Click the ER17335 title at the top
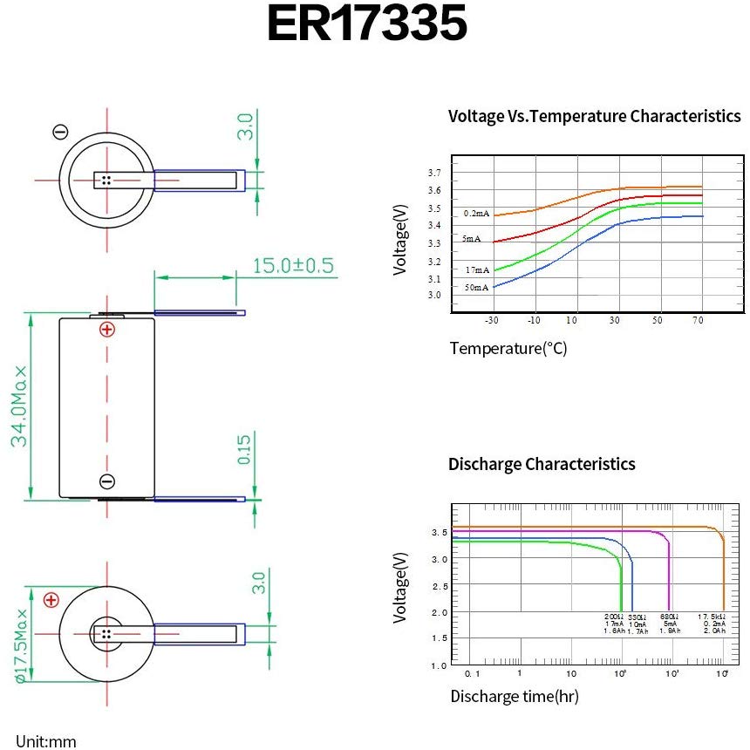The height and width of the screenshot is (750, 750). (366, 24)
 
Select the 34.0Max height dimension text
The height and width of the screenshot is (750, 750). (20, 406)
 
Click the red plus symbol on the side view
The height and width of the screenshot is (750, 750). (106, 329)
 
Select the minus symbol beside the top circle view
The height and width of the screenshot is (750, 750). (60, 132)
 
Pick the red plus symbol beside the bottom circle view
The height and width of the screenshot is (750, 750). (51, 600)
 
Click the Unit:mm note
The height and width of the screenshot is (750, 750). (45, 741)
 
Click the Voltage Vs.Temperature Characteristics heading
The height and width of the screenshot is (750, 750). (594, 116)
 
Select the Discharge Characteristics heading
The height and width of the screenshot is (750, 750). (542, 464)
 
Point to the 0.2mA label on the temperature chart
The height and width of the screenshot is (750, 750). (476, 214)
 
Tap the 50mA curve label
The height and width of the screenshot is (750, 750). (476, 288)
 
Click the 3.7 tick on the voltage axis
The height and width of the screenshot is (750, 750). (434, 172)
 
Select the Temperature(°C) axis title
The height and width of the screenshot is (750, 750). (508, 349)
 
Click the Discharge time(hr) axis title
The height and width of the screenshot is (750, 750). (514, 696)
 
